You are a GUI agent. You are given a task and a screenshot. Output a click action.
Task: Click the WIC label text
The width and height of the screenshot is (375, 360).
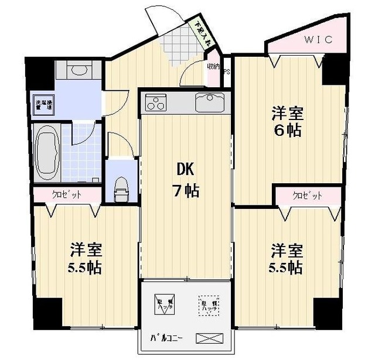[x=319, y=40]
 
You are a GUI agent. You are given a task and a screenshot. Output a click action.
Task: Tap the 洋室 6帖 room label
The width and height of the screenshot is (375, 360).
[x=286, y=121]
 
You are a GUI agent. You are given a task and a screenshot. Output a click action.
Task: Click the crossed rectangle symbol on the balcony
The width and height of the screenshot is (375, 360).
[x=209, y=338]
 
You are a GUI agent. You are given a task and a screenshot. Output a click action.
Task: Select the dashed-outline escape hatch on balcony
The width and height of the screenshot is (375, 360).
[x=207, y=306]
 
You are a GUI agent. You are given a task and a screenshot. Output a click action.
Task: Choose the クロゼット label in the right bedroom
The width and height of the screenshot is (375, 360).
[x=307, y=196]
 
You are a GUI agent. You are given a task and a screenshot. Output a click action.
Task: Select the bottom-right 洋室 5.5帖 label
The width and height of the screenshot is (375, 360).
[x=286, y=259]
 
